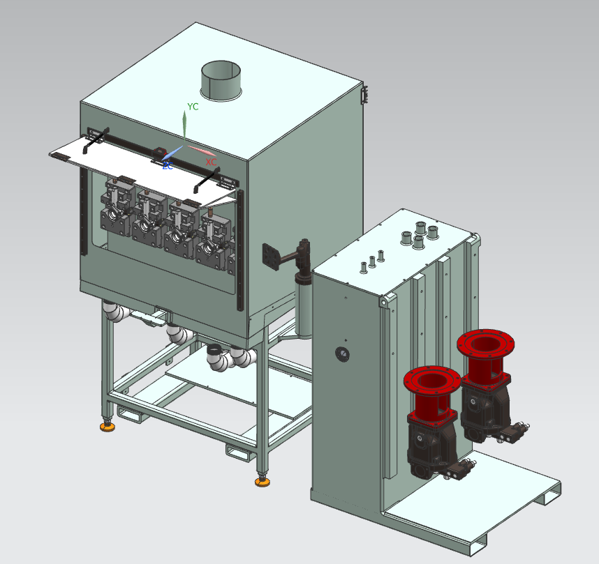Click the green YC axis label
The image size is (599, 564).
[193, 107]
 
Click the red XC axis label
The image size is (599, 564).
[211, 162]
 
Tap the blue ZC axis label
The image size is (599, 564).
[168, 166]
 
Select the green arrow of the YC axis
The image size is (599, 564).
[184, 125]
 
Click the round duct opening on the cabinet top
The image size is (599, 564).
[221, 80]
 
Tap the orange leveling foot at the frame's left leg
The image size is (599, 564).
[108, 427]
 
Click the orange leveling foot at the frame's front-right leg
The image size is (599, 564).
[262, 482]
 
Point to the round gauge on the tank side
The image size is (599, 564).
[342, 354]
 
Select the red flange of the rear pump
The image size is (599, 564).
[485, 344]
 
